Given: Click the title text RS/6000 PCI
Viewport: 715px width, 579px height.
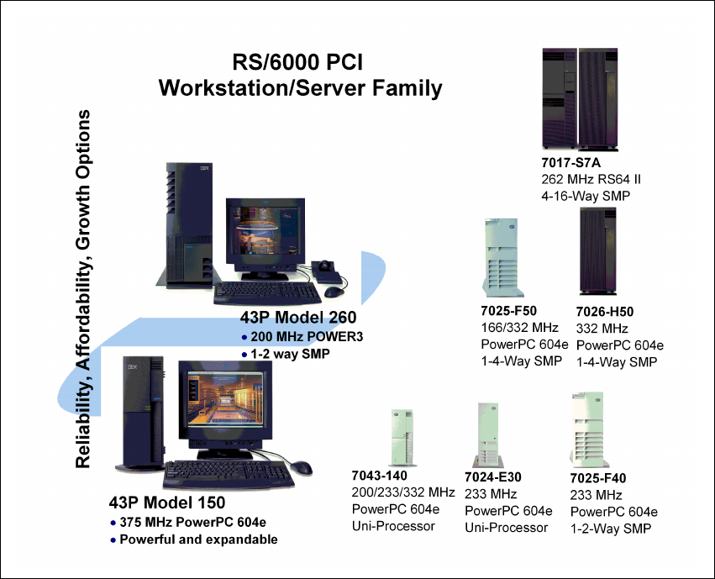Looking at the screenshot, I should pos(298,63).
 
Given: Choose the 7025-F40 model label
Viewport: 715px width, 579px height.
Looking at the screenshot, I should pos(598,478).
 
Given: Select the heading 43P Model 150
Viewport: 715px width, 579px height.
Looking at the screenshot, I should pos(167,503).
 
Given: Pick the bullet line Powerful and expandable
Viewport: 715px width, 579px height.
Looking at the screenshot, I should pos(198,540).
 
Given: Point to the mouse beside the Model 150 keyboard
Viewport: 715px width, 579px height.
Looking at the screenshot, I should pos(302,467).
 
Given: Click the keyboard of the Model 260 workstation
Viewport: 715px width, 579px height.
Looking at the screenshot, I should pos(267,292).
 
